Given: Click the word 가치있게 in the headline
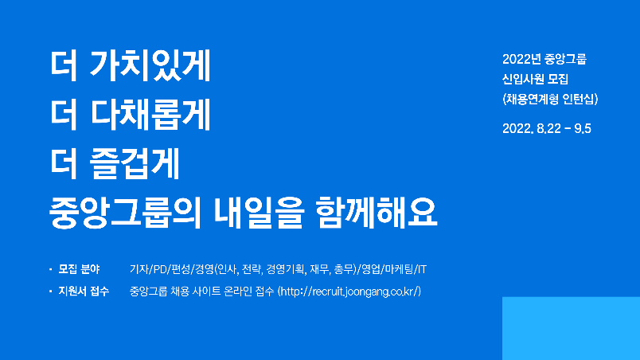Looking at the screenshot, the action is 150,65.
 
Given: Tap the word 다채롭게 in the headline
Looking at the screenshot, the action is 150,114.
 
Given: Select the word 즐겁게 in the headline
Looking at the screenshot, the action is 135,163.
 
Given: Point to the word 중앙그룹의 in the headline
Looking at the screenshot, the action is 125,212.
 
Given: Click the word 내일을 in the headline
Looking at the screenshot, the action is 259,212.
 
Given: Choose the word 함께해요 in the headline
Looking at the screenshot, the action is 377,212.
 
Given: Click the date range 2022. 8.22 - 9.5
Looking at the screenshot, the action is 547,128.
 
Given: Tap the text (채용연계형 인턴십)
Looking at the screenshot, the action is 550,100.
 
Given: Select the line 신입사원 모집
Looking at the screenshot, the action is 535,79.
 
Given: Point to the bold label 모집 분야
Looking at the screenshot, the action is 79,269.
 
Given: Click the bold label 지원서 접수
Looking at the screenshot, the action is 84,291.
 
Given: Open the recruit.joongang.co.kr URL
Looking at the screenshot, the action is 349,292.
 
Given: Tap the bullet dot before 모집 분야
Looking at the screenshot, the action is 51,269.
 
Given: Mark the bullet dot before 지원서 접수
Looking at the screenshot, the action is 51,291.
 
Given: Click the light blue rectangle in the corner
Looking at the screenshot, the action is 571,329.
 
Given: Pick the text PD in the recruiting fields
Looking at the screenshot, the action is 161,269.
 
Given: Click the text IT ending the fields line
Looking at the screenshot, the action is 422,269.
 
